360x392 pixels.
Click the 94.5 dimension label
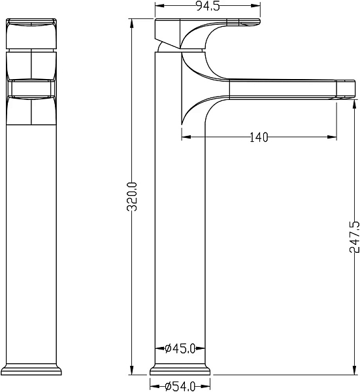click(x=208, y=6)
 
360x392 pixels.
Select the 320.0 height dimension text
click(x=132, y=197)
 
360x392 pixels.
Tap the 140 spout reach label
click(x=259, y=137)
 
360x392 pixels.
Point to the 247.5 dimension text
click(x=355, y=237)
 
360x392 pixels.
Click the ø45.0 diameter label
click(x=180, y=348)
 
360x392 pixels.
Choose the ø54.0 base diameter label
click(x=180, y=387)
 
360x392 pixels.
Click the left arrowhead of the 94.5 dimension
click(x=159, y=5)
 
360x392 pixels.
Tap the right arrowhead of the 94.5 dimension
click(x=257, y=5)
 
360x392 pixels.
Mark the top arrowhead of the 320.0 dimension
click(x=132, y=22)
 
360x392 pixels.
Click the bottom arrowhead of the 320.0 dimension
click(x=132, y=370)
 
